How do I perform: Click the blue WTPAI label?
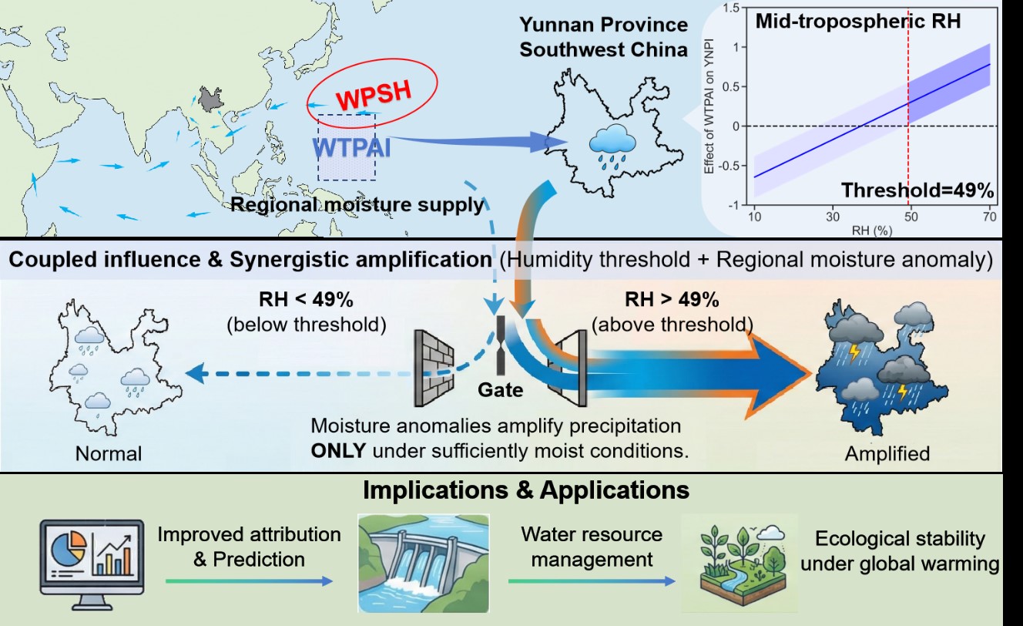(x=351, y=146)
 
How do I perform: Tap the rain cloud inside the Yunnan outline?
(x=612, y=146)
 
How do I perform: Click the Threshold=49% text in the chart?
(x=917, y=190)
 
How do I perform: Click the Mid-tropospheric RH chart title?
(x=857, y=22)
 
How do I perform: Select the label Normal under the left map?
(x=109, y=453)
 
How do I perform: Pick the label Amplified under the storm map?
(x=887, y=453)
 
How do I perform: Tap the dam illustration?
(x=423, y=564)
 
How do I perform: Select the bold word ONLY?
(x=337, y=449)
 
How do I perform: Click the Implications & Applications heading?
(x=526, y=490)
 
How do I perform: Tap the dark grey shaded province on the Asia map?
(x=207, y=98)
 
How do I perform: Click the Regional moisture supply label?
(x=358, y=205)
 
